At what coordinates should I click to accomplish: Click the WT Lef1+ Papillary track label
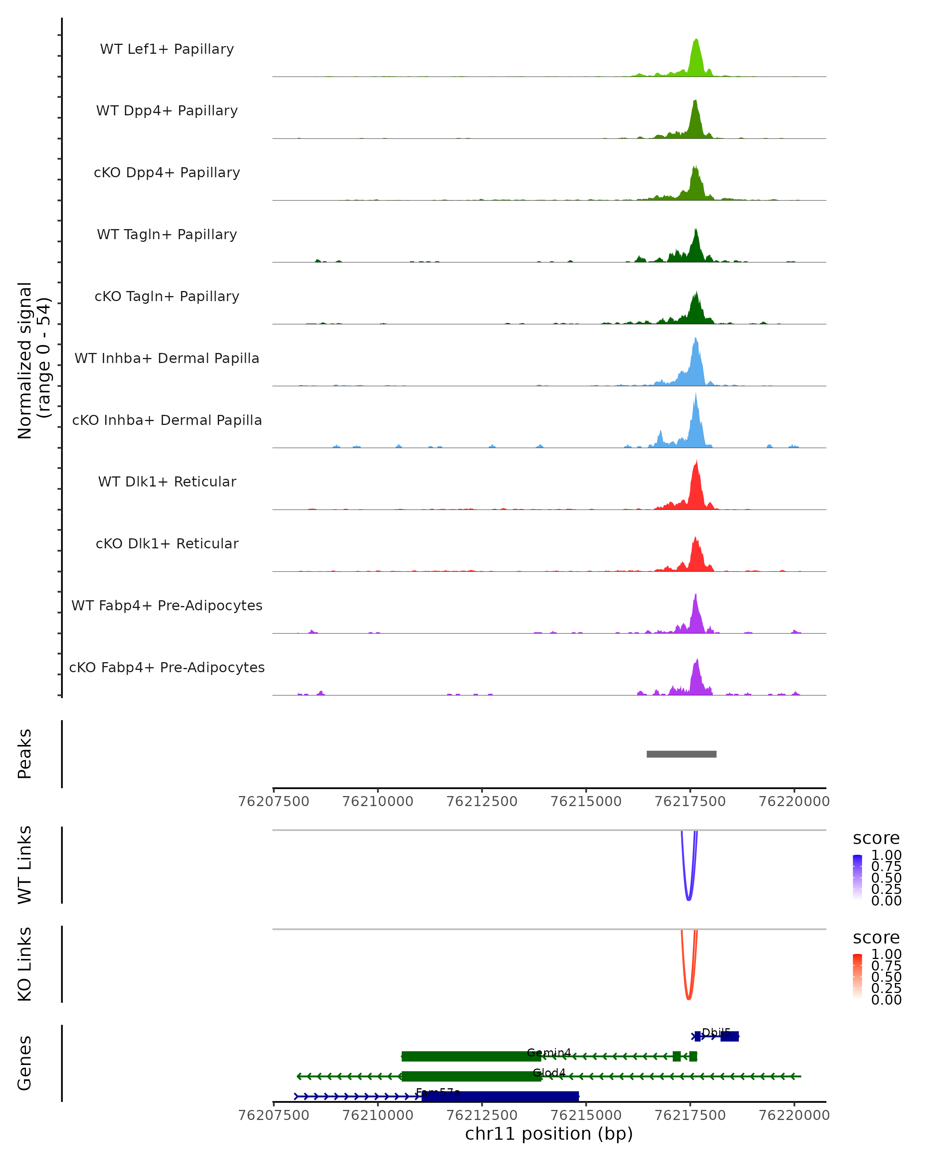click(167, 49)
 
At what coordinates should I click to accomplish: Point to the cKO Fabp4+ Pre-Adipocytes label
click(167, 667)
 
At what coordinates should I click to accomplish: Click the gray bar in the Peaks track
click(681, 754)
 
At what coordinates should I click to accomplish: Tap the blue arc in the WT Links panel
click(688, 898)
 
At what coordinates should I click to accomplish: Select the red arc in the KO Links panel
click(688, 998)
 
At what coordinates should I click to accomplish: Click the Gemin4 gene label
click(549, 1052)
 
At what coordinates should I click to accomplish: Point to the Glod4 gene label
click(549, 1072)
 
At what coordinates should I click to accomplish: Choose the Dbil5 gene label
click(716, 1032)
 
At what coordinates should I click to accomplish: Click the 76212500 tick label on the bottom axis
click(482, 1115)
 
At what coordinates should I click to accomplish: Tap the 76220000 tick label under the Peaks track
click(794, 801)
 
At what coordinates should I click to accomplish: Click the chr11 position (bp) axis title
click(549, 1134)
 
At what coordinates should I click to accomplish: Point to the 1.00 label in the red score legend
click(886, 954)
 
